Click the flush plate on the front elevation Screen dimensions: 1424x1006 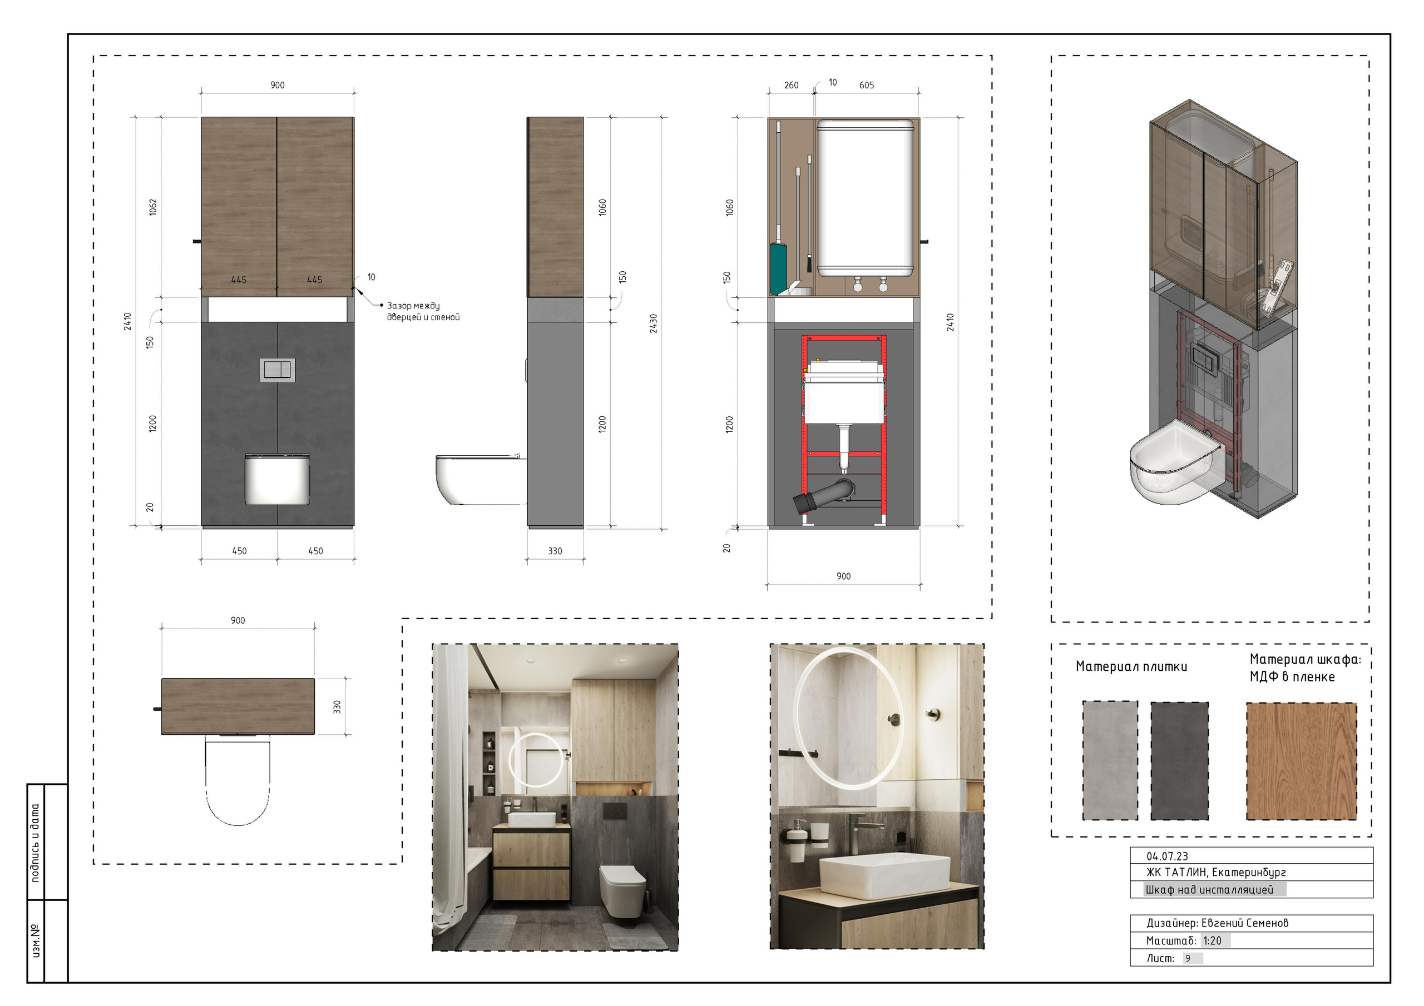coord(277,370)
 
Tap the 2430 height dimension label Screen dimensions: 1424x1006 coord(654,323)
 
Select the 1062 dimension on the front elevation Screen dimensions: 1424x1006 coord(153,207)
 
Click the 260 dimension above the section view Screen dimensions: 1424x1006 coord(792,86)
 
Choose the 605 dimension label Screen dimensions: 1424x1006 coord(867,86)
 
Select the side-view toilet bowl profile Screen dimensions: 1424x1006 coord(481,480)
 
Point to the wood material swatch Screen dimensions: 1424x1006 coord(1301,760)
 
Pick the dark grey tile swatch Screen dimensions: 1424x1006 coord(1180,760)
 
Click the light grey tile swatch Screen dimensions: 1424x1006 coord(1110,760)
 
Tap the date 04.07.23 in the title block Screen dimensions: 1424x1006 coord(1167,856)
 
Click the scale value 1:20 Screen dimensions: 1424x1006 coord(1212,940)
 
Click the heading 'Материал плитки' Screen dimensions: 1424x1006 coord(1131,666)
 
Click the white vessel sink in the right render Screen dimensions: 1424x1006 coord(884,876)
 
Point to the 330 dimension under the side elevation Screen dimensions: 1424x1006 coord(555,551)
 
